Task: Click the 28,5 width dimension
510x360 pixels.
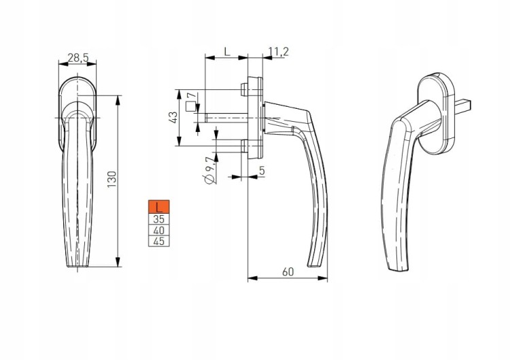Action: click(x=78, y=58)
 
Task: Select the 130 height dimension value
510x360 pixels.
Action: click(x=112, y=179)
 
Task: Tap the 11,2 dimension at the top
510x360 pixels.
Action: click(x=279, y=52)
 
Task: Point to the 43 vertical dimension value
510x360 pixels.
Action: click(x=173, y=118)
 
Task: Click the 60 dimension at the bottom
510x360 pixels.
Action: click(x=288, y=272)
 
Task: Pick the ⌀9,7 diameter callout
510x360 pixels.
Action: click(x=210, y=170)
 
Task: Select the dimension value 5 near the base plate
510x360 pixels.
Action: click(x=262, y=170)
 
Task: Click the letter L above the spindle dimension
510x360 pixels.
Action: click(x=227, y=51)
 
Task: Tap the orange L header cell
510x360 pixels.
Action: click(x=158, y=207)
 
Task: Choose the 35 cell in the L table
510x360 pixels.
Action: click(x=158, y=218)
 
